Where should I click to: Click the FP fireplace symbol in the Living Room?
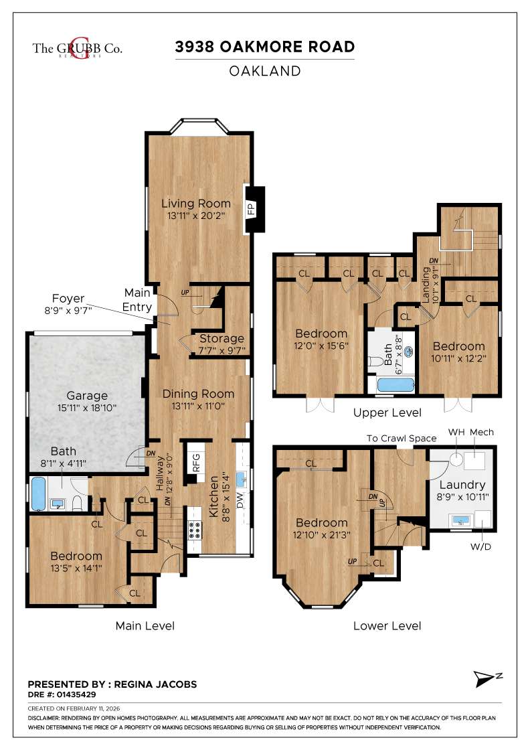(x=253, y=208)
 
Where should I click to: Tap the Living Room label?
(x=195, y=203)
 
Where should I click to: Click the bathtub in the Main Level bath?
(x=37, y=495)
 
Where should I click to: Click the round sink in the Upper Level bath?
(x=407, y=350)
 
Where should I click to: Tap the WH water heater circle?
(x=456, y=459)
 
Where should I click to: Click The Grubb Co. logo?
(x=77, y=48)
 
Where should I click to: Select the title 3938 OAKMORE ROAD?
(x=264, y=47)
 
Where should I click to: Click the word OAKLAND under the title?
(x=264, y=70)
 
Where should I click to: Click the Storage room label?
(x=222, y=338)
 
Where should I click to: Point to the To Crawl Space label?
(x=401, y=438)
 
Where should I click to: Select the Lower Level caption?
(x=387, y=626)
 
